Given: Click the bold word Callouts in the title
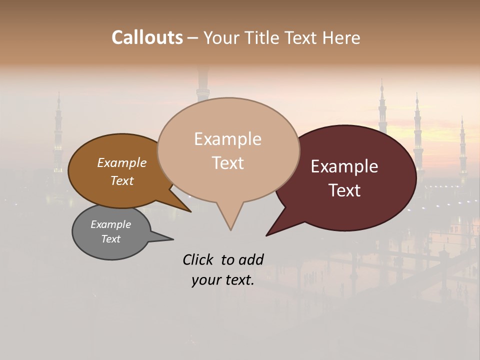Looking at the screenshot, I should click(147, 37).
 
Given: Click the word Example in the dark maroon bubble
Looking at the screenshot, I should click(344, 166).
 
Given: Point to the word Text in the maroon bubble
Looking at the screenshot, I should click(344, 190).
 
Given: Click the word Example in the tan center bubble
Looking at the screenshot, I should click(227, 139).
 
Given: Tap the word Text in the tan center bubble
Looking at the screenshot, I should click(227, 162).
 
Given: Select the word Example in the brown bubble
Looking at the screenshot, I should click(122, 163).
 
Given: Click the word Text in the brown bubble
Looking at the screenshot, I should click(122, 180).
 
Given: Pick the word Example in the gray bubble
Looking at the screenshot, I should click(111, 224).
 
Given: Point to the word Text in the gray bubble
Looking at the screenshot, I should click(111, 239).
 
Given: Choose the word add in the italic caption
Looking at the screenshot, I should click(251, 259).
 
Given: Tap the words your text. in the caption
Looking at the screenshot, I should click(223, 280).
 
